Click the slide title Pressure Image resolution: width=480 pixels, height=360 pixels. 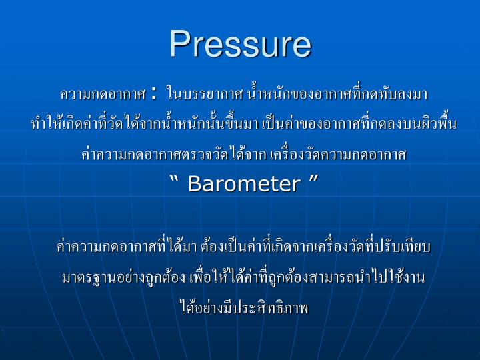click(240, 44)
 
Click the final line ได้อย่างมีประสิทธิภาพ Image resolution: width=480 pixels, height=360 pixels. click(240, 308)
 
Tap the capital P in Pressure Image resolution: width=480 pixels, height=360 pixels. click(179, 44)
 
